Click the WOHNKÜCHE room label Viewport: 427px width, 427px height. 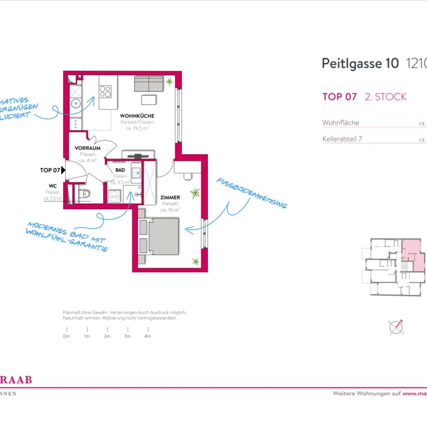tap(137, 116)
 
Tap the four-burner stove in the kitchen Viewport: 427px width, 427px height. tap(105, 91)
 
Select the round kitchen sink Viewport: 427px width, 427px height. tap(76, 104)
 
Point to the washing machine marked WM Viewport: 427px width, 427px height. tap(114, 197)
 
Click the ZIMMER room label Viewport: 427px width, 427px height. tap(170, 197)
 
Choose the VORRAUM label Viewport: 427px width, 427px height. tap(87, 148)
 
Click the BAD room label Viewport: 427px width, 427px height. tap(120, 170)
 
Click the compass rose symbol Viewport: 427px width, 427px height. tap(397, 327)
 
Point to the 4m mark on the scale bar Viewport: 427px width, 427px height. tap(147, 336)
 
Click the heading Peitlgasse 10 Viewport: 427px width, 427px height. tap(359, 64)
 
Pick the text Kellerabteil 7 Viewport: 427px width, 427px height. tap(342, 139)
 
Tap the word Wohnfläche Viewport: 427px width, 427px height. tap(341, 123)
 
